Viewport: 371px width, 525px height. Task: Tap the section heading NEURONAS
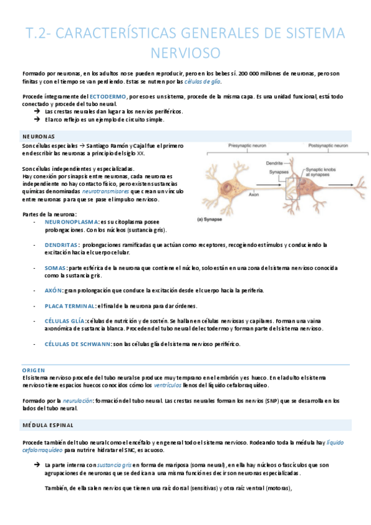(38, 136)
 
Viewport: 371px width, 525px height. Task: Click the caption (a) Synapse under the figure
(213, 219)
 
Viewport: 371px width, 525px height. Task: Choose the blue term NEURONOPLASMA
(71, 221)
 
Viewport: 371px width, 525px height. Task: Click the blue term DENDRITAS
(61, 245)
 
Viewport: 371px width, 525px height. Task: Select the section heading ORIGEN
(33, 370)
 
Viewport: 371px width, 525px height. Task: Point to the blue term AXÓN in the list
(54, 290)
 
